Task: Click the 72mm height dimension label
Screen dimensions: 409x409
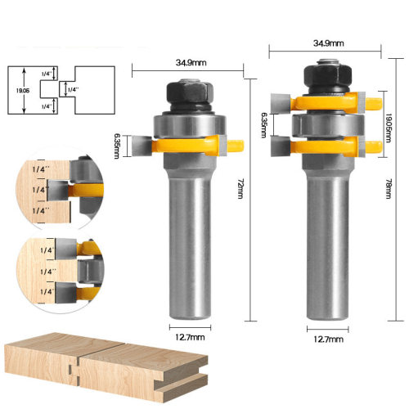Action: tap(240, 189)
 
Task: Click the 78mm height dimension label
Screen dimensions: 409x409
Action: tap(389, 189)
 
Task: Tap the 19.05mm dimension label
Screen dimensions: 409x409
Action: tap(389, 128)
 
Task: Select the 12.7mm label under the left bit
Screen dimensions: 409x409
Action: tap(190, 337)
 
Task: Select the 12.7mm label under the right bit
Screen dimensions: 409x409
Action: tap(328, 339)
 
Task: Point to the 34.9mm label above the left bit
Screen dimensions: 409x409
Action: tap(191, 63)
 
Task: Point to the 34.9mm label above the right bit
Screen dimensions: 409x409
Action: tap(328, 43)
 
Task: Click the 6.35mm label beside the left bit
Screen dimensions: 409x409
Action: tap(117, 146)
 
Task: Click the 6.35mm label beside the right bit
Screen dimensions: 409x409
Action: tap(263, 125)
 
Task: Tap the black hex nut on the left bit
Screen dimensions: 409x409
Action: tap(190, 92)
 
